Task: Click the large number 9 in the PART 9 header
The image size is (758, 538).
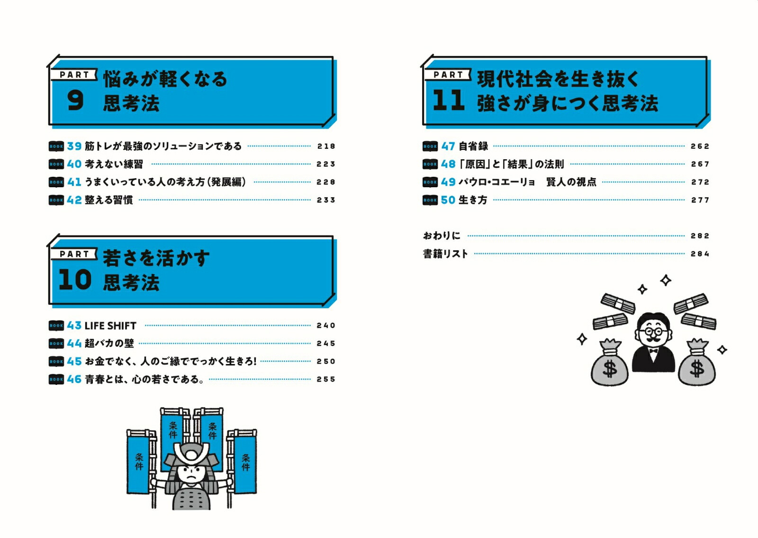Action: tap(75, 100)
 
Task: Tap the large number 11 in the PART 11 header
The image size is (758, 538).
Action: tap(448, 100)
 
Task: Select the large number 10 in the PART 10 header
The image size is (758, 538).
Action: tap(75, 280)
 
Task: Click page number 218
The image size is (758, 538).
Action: tap(326, 146)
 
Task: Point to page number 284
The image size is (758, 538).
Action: tap(700, 254)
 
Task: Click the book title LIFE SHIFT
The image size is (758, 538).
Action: tap(110, 326)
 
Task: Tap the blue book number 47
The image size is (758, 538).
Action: tap(448, 146)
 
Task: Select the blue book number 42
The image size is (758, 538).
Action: tap(74, 200)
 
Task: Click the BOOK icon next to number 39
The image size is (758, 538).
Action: tap(56, 146)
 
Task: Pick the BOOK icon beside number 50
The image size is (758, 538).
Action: tap(430, 200)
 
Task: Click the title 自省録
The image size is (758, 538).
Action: tap(473, 146)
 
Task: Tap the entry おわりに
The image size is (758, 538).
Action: tap(442, 236)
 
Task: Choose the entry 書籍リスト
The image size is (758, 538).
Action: tap(445, 254)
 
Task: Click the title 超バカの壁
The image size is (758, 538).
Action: tap(109, 343)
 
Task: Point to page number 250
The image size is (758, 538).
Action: tap(326, 362)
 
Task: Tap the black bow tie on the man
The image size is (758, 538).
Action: tap(653, 350)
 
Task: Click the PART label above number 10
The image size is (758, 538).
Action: tap(74, 254)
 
